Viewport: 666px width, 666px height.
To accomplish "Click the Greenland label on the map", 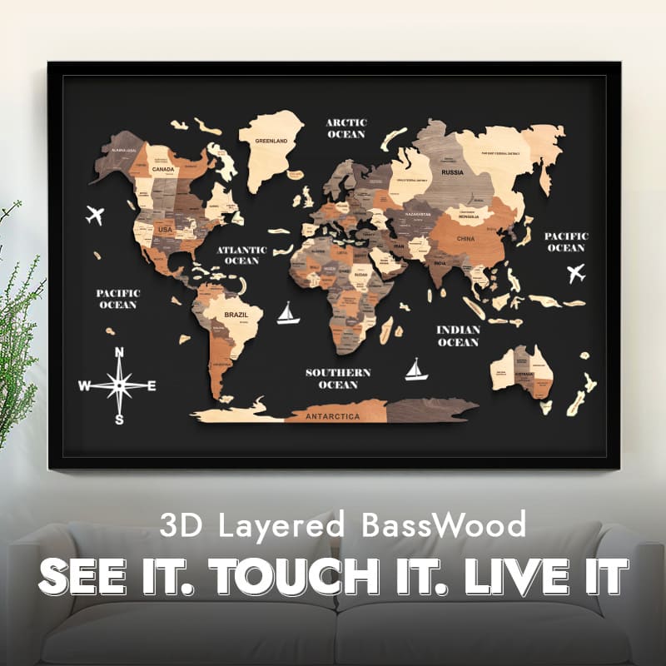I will (271, 141).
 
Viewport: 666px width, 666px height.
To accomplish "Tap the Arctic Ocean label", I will (345, 128).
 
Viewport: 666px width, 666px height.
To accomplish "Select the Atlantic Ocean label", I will (242, 255).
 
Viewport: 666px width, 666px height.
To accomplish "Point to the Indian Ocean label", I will (458, 335).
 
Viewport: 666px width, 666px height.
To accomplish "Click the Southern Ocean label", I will (337, 378).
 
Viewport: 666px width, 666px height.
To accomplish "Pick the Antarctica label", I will (333, 415).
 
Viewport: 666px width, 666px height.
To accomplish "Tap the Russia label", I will (452, 173).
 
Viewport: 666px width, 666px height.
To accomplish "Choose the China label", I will (465, 239).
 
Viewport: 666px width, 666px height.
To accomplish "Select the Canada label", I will (163, 170).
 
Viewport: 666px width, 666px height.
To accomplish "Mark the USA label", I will (165, 229).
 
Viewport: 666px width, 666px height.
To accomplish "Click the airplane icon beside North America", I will (95, 215).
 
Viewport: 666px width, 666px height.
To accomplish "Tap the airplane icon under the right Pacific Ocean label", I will (575, 273).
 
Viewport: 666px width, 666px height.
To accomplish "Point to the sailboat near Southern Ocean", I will (416, 370).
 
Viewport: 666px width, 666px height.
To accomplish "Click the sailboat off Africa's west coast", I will (288, 313).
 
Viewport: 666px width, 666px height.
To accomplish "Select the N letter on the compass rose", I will (119, 352).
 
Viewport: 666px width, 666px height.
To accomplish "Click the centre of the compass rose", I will (119, 385).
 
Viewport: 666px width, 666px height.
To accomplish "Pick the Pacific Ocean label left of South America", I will (117, 299).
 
